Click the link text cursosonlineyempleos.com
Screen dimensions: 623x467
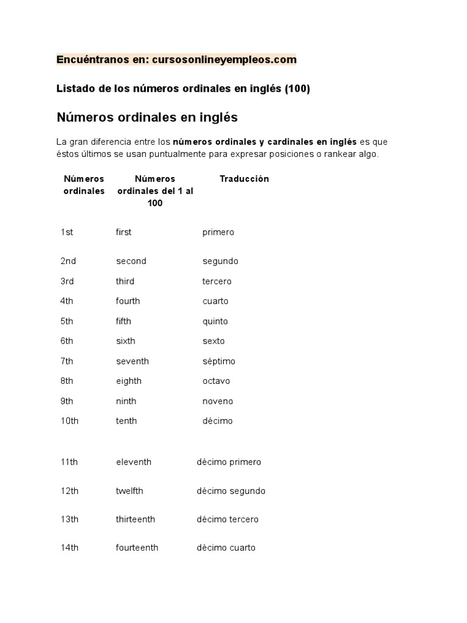[220, 60]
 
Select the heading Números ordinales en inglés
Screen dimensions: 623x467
[147, 117]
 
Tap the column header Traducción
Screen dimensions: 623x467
[244, 179]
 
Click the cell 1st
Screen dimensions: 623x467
[67, 232]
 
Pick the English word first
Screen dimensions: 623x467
[123, 232]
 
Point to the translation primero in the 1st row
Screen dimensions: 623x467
[218, 232]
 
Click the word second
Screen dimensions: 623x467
[131, 261]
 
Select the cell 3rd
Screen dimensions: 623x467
[67, 281]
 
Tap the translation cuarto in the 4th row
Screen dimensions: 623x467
[215, 301]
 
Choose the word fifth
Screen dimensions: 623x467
[123, 321]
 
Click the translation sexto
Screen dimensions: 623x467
[213, 341]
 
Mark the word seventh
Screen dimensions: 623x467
[133, 361]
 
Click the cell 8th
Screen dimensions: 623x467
[67, 381]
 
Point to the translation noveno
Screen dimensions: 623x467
[218, 401]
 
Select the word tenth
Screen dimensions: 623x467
[126, 421]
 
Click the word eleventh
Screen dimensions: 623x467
[134, 462]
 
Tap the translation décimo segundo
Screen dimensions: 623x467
[231, 491]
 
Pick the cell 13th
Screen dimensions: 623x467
[69, 519]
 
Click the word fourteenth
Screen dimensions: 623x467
[137, 548]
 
